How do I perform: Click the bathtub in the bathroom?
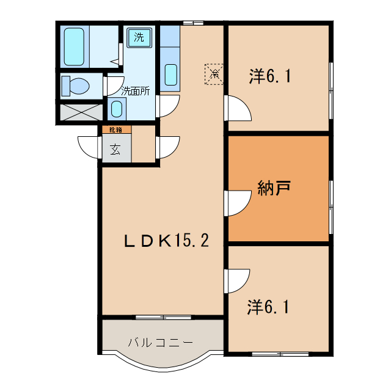click(75, 47)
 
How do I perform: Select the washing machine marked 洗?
click(139, 37)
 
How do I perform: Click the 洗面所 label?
click(135, 90)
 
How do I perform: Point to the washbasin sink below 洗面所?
click(117, 109)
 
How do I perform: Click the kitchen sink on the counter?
click(172, 75)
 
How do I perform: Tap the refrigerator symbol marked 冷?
click(214, 74)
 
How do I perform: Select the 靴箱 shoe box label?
click(115, 130)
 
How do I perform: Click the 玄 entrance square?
click(115, 148)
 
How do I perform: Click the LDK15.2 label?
click(166, 241)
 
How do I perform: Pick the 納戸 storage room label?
click(274, 188)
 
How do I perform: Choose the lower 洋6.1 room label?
click(269, 307)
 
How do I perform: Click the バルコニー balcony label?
click(161, 342)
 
